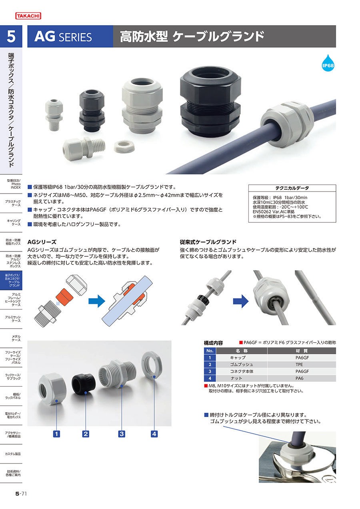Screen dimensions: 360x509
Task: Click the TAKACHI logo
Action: [x=28, y=16]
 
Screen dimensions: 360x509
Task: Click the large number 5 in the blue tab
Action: [x=11, y=36]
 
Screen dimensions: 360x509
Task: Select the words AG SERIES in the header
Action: [x=63, y=36]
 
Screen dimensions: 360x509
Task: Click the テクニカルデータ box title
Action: [x=292, y=188]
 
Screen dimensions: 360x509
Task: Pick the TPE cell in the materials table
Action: [x=299, y=365]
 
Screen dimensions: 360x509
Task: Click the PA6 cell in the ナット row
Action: [x=299, y=378]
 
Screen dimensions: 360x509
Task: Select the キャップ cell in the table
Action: [x=238, y=358]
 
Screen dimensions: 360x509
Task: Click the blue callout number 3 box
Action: [x=122, y=434]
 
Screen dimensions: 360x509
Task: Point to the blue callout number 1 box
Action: [x=56, y=434]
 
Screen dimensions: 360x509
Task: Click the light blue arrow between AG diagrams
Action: [x=97, y=301]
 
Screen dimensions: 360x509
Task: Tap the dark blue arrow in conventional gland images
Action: [x=241, y=301]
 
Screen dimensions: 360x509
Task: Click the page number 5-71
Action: [x=21, y=493]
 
